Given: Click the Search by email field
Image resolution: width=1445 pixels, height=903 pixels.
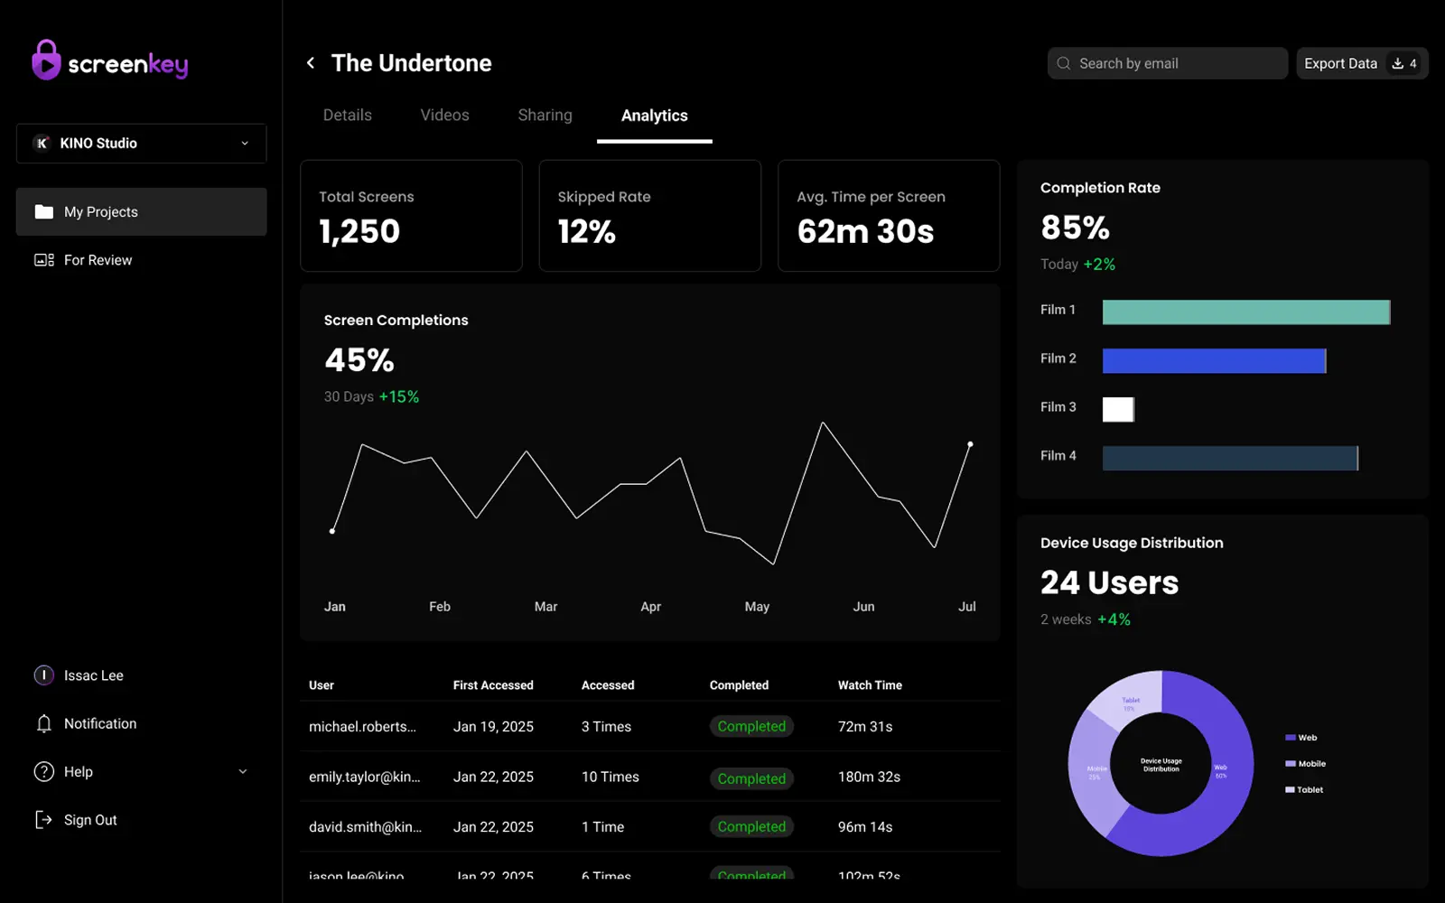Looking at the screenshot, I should tap(1167, 63).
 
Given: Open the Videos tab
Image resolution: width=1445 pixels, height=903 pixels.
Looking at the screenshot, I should tap(444, 116).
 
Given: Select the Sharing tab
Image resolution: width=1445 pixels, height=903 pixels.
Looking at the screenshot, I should tap(545, 116).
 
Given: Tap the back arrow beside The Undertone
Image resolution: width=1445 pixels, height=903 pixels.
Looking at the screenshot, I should tap(311, 63).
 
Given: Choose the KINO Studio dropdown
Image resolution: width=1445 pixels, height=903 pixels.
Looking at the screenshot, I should tap(141, 144).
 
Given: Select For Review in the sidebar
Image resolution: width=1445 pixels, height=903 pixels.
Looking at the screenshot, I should tap(98, 260).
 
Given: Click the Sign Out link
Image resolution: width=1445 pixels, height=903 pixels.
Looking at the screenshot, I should tap(89, 820).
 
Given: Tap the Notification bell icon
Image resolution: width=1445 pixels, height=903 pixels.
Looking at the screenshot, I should tap(44, 723).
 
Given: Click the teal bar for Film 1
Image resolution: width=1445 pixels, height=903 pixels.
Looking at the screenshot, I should tap(1245, 312).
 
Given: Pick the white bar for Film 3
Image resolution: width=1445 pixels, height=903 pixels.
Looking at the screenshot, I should tap(1118, 409).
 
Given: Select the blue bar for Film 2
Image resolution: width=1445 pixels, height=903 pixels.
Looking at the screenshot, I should tap(1214, 361).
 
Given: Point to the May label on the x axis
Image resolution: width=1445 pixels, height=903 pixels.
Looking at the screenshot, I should tap(757, 607).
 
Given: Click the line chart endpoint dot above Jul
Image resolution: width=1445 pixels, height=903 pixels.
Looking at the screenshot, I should tap(970, 444).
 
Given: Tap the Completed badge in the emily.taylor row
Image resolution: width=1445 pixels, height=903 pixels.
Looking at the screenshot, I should tap(751, 778).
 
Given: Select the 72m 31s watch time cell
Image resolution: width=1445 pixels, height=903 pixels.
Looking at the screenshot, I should tap(865, 727).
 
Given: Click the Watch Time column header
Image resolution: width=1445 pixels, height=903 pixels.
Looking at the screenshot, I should tap(870, 685).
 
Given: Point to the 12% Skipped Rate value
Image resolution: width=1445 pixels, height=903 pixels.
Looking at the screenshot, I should tap(587, 232).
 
